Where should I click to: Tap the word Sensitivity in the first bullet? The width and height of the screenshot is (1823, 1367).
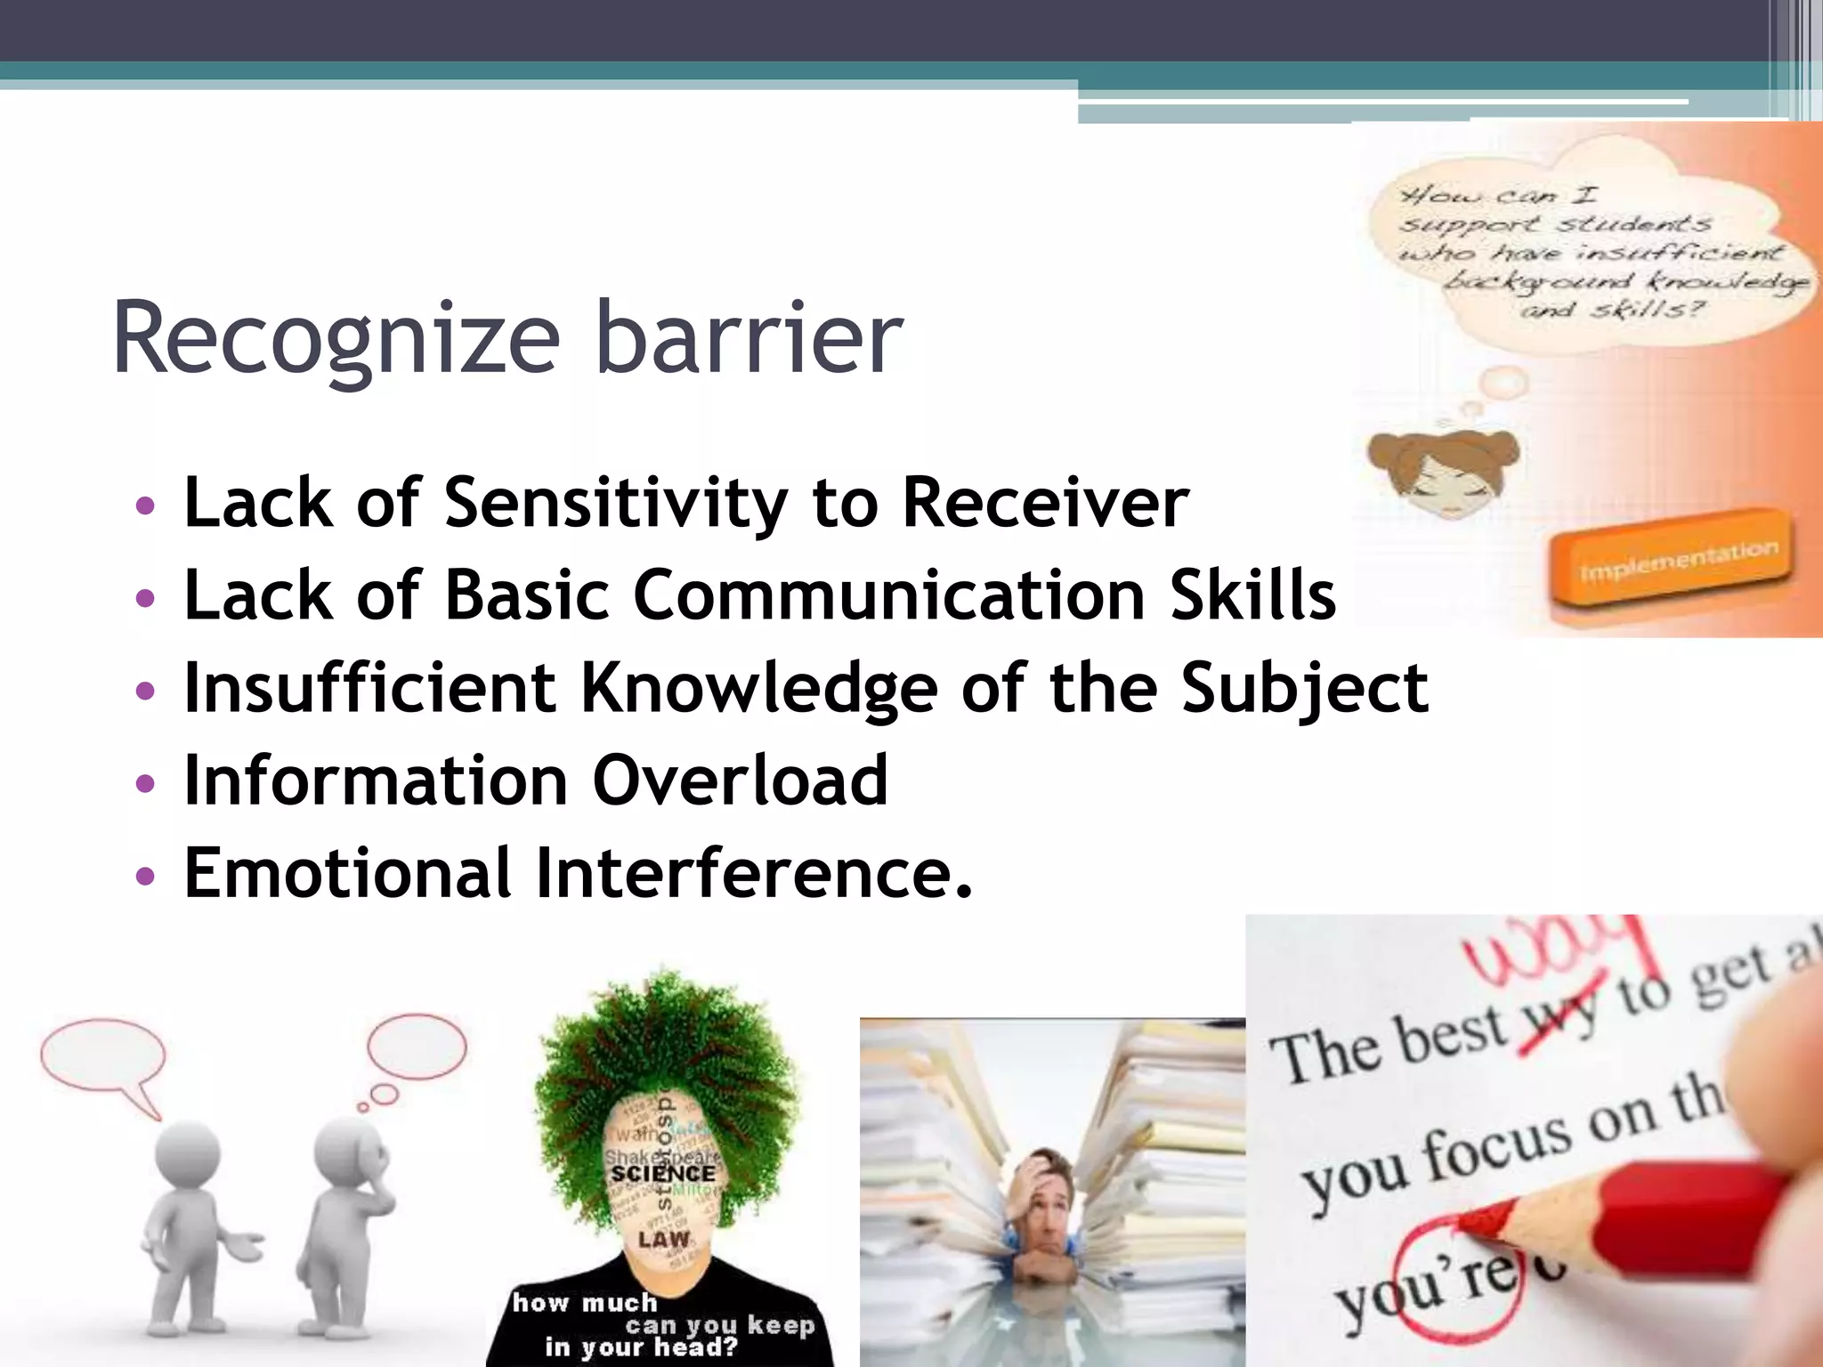click(615, 504)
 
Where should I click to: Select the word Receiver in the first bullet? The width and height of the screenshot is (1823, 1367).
click(1045, 504)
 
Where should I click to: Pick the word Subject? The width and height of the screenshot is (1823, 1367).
click(1304, 690)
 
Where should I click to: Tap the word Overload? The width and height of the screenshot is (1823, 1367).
click(740, 781)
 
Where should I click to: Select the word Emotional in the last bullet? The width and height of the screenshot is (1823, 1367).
click(347, 873)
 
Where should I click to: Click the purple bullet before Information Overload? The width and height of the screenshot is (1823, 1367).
click(144, 783)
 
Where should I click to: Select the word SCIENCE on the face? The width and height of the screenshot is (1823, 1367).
click(663, 1174)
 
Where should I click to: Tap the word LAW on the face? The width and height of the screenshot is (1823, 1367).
click(664, 1239)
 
